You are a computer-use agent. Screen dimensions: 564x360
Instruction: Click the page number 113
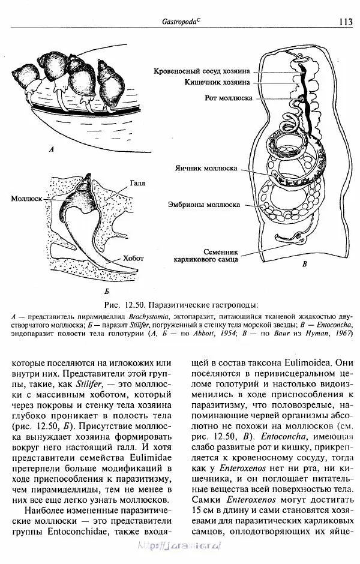pos(345,22)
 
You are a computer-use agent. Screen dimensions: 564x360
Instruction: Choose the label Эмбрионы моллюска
pos(204,205)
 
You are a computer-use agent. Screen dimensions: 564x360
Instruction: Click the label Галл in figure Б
pos(137,181)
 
